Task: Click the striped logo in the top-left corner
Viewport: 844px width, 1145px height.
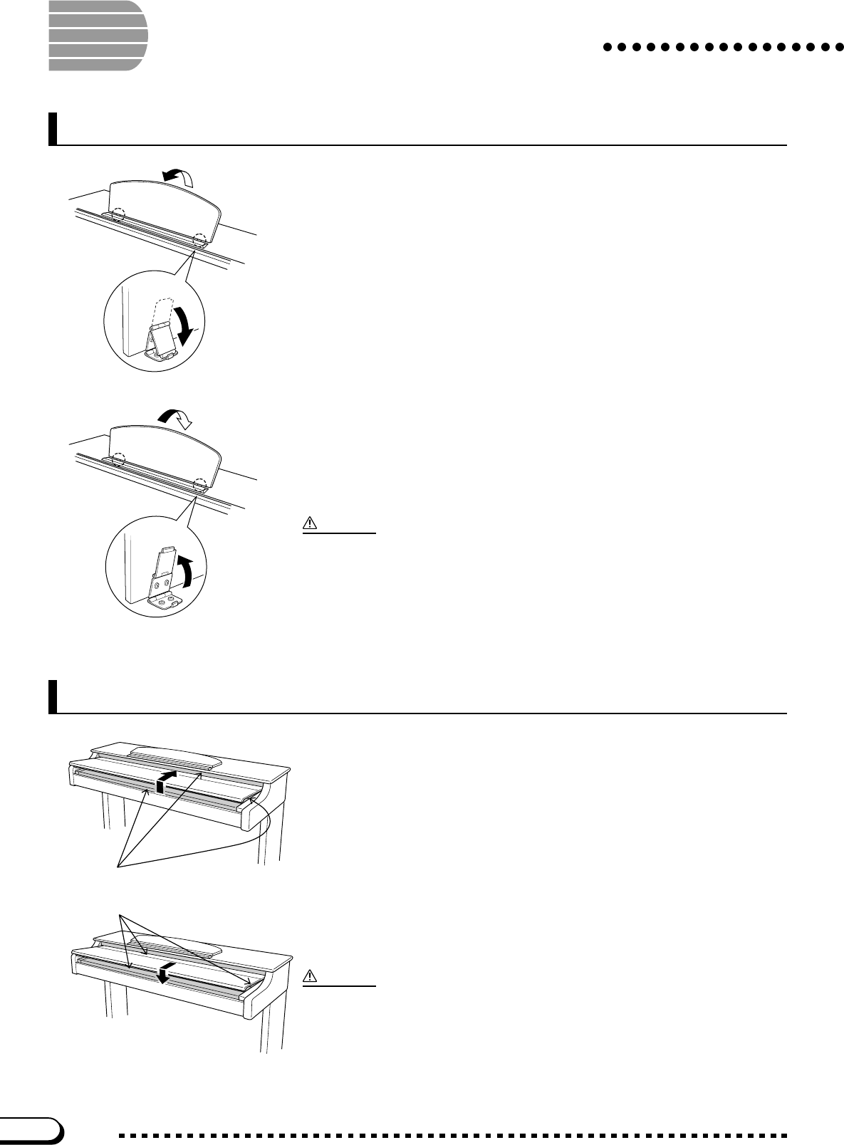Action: click(x=98, y=36)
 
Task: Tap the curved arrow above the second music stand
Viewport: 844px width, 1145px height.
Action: click(x=174, y=419)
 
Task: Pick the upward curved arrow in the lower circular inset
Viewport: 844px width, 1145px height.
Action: click(x=187, y=572)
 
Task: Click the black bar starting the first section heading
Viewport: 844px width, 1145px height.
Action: click(x=53, y=128)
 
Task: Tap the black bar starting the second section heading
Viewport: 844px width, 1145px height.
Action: click(x=53, y=696)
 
